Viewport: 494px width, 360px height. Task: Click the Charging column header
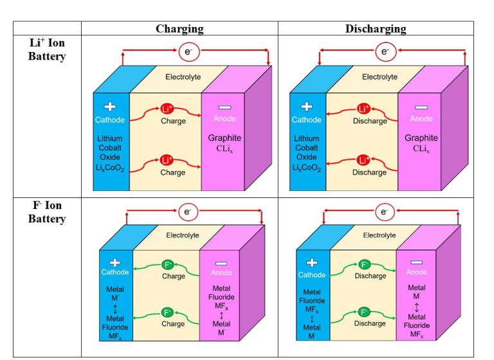coord(179,29)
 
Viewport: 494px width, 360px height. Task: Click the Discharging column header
coord(376,29)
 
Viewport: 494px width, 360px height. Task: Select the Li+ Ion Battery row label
coord(47,50)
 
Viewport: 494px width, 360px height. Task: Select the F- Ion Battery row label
coord(47,212)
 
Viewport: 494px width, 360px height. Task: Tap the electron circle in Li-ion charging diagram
coord(188,51)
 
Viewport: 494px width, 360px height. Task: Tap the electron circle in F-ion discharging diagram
coord(384,211)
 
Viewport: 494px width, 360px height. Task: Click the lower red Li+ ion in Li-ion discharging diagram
coord(364,160)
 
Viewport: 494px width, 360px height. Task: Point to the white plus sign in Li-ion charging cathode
coord(110,107)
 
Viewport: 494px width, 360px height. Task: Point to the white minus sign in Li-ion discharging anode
coord(420,107)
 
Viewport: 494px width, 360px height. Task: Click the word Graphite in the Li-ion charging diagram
coord(224,138)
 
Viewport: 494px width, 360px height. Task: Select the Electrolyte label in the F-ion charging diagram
coord(183,235)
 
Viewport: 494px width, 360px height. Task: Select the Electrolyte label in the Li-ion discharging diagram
coord(380,77)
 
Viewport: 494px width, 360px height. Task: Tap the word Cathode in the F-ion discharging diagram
coord(312,275)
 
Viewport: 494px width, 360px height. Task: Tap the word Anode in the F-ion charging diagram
coord(220,272)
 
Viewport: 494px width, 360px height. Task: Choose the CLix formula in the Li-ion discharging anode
coord(421,149)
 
